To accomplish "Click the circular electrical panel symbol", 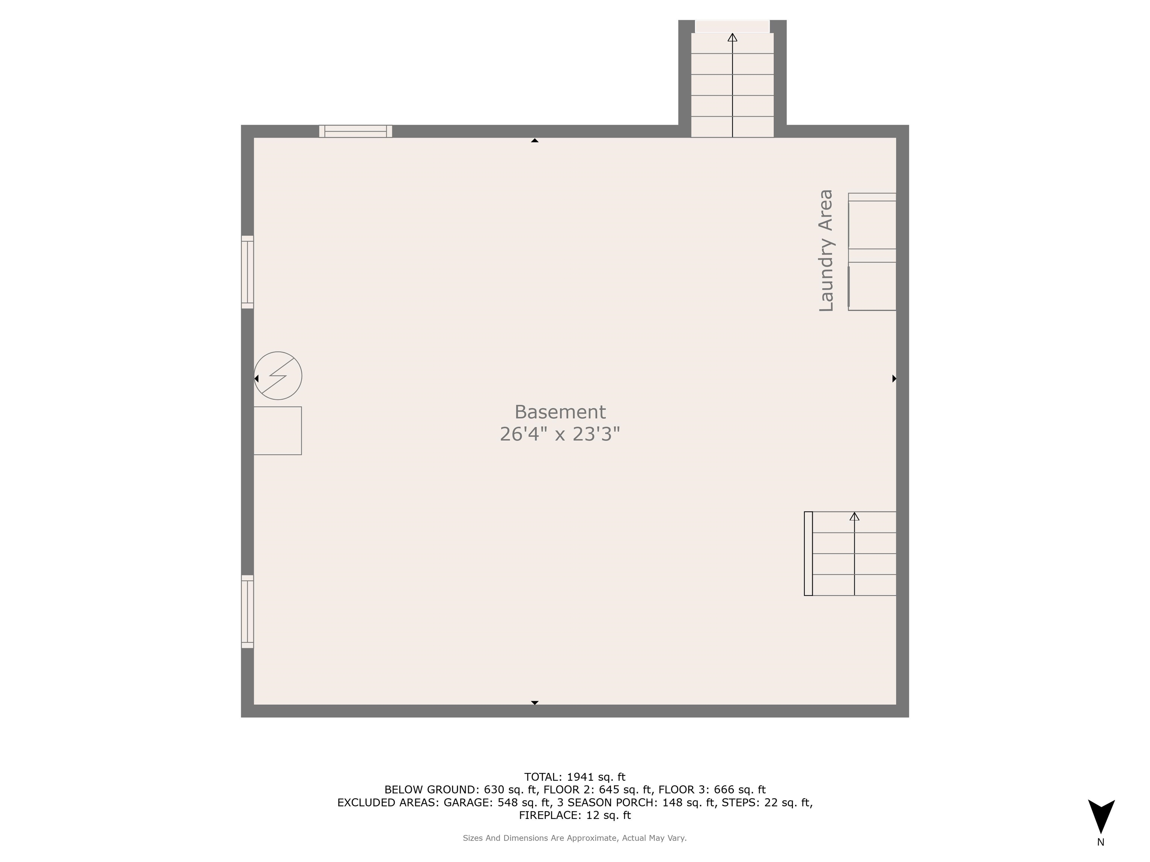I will [x=278, y=376].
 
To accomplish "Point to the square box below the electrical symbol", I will [x=278, y=431].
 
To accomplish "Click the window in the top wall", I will [x=356, y=131].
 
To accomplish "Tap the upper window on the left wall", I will [x=247, y=272].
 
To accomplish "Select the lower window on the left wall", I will [x=247, y=612].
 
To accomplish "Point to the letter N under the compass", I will [x=1101, y=842].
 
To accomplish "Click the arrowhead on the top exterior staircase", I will [x=733, y=37].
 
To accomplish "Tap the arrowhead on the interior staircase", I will [x=854, y=516].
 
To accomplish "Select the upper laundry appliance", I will [x=872, y=224].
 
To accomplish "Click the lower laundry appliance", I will [x=872, y=286].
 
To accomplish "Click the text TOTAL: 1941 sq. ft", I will [x=575, y=777].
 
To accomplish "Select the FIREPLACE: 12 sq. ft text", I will [x=575, y=815].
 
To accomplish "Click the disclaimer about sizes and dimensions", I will [x=575, y=838].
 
